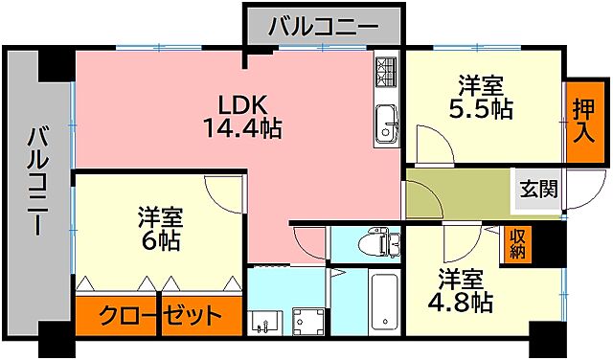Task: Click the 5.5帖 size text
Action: [x=480, y=108]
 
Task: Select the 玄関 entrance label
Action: [x=538, y=189]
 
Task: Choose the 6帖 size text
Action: [x=158, y=241]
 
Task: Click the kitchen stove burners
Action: [x=385, y=69]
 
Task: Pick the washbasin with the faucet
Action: [x=262, y=321]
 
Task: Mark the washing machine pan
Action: [x=309, y=321]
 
